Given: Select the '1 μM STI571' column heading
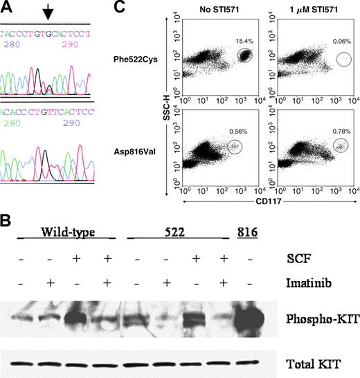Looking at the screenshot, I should click(x=306, y=12).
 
